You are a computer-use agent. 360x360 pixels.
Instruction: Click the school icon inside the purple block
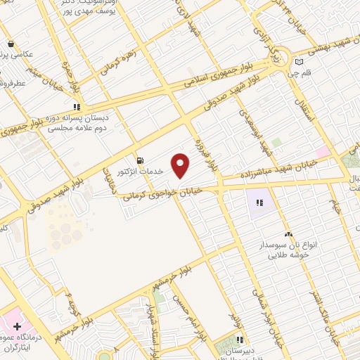click(259, 203)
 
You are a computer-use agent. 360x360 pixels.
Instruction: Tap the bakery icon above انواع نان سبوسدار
click(287, 235)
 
